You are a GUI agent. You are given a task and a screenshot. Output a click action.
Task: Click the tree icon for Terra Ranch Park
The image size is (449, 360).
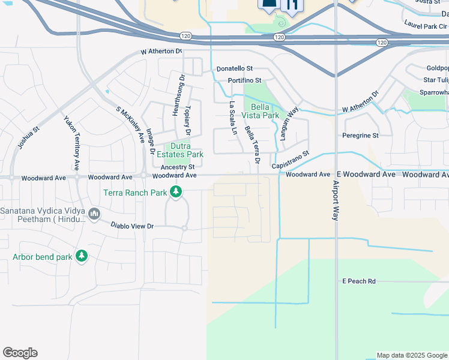176,192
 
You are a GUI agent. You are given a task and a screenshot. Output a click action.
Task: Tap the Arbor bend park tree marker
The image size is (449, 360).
82,257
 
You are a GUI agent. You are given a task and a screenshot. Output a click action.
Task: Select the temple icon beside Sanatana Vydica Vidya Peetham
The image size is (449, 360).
94,214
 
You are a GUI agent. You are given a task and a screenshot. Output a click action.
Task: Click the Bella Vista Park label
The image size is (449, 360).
261,110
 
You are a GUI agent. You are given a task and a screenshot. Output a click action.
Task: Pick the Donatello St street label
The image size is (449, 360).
235,70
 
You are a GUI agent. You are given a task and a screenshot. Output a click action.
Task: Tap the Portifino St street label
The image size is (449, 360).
244,80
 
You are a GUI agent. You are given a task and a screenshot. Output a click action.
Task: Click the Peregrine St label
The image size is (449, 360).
360,136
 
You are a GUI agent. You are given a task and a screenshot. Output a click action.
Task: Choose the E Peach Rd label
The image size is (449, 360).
358,281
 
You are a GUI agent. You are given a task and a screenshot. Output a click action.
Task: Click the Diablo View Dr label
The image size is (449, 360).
132,226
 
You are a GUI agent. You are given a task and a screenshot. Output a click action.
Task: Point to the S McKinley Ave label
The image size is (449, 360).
130,125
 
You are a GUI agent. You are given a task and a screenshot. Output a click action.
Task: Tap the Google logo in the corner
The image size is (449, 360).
20,353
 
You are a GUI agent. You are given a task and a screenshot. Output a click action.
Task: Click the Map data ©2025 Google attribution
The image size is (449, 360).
412,355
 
